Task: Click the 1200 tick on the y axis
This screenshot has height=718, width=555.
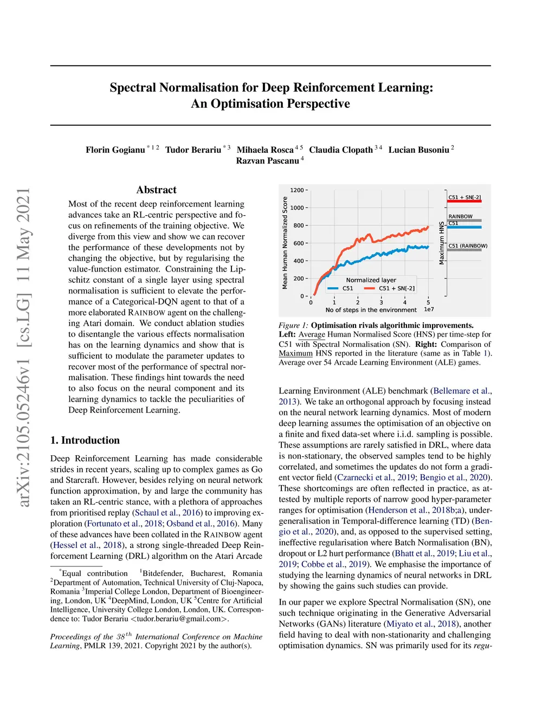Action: pos(297,190)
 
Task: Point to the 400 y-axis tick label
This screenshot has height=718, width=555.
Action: pos(299,261)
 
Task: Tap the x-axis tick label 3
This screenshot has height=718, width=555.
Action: pos(381,302)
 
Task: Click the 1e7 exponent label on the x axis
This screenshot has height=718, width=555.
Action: pos(429,309)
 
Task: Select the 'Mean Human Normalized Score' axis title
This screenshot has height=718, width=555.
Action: pos(285,243)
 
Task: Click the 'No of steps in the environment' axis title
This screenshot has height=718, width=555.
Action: pos(371,310)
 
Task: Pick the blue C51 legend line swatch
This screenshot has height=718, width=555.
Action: pos(333,288)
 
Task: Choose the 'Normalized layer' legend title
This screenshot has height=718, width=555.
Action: pos(371,280)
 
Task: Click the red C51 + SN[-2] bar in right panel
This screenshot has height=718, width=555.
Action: pos(464,202)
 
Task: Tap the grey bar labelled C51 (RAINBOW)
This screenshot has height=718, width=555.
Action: pos(464,250)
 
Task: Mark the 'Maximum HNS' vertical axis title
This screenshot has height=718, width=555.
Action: pos(442,243)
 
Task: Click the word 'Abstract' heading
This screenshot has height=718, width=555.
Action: pos(156,190)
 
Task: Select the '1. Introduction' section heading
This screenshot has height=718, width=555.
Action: pos(85,440)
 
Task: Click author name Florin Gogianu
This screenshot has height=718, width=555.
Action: pos(115,150)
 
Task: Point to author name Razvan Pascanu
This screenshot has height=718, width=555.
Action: pos(267,161)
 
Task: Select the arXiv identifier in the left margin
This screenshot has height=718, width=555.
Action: pos(23,347)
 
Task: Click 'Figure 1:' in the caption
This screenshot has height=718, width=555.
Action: pos(293,326)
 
